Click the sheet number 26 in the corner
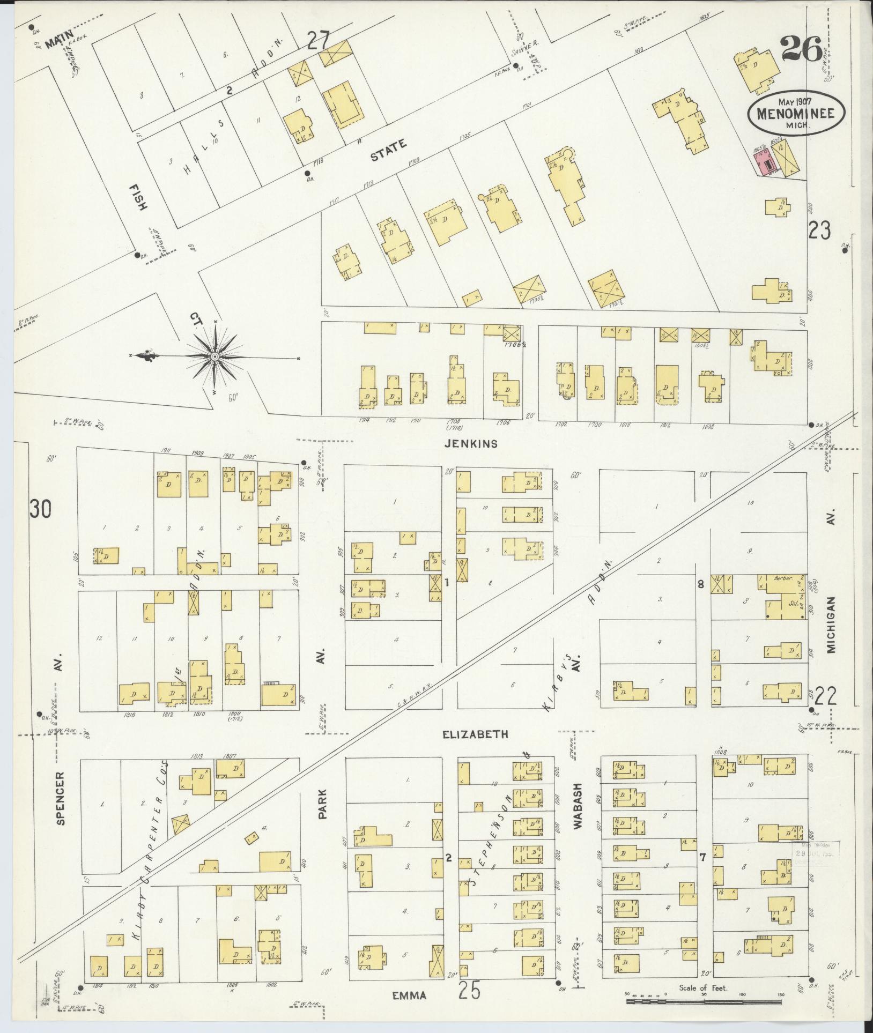coord(801,50)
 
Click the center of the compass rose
coord(214,356)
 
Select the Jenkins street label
coord(471,443)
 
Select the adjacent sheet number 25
coord(469,990)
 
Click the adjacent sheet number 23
coord(820,231)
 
